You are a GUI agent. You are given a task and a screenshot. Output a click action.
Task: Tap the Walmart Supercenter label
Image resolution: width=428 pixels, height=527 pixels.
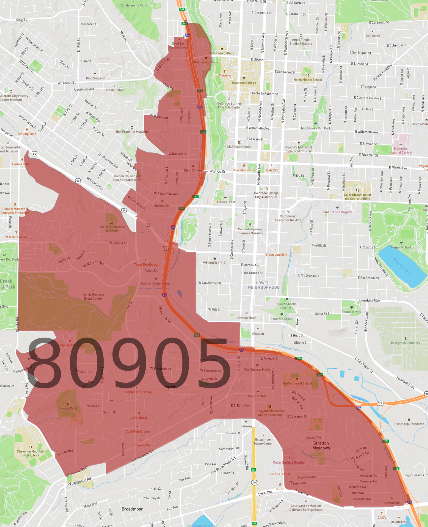(155, 283)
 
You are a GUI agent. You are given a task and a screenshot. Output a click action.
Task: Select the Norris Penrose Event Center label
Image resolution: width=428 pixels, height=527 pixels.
(93, 297)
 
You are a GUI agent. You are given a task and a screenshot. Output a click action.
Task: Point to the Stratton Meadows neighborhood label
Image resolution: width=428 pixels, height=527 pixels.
(321, 445)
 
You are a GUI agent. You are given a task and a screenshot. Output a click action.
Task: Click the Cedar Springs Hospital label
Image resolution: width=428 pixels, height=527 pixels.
(289, 462)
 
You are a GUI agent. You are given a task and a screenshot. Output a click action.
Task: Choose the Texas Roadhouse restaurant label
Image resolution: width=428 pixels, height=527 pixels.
(146, 264)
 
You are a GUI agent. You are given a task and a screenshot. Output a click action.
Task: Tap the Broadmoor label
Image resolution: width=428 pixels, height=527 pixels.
(132, 509)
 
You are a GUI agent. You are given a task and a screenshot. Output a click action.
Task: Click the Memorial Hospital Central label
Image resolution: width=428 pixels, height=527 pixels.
(401, 150)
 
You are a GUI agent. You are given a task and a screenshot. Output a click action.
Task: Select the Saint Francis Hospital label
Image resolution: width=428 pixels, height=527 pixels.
(337, 212)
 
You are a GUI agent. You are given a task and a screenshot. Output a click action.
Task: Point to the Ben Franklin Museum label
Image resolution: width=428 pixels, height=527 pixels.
(132, 132)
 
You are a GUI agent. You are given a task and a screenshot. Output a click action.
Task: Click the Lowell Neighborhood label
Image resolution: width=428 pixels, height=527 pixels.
(264, 285)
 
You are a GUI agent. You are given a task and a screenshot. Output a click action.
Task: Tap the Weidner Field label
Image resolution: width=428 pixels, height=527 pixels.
(214, 263)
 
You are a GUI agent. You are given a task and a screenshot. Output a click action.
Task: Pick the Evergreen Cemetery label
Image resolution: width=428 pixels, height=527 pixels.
(406, 343)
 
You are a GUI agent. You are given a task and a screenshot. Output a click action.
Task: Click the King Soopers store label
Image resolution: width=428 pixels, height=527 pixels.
(95, 78)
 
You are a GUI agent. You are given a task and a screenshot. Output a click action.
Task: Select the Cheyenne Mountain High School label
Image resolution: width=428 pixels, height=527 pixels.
(31, 453)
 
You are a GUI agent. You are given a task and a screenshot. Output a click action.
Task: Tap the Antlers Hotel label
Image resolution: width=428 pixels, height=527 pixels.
(226, 202)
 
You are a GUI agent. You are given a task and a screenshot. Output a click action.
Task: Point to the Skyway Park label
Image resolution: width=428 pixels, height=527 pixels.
(68, 408)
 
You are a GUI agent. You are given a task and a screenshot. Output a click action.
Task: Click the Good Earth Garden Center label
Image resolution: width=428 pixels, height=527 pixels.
(180, 45)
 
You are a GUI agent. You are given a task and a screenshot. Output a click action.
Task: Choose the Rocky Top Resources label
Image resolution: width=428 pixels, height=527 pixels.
(409, 424)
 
